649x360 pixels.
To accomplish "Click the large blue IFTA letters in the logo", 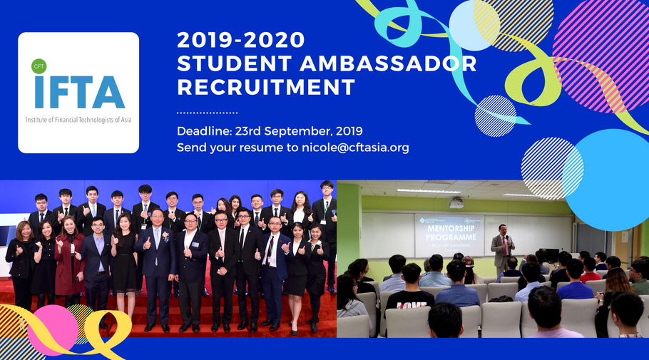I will [x=78, y=91].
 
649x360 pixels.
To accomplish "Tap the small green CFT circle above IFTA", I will [x=39, y=66].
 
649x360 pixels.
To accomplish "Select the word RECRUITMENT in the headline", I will [x=266, y=88].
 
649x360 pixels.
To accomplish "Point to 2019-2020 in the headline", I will [x=240, y=38].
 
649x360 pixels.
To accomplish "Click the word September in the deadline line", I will [x=307, y=131].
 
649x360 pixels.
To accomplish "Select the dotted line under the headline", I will [x=207, y=113].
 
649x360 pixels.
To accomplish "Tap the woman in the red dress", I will [x=69, y=257].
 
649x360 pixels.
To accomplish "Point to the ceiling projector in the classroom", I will [x=456, y=202].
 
